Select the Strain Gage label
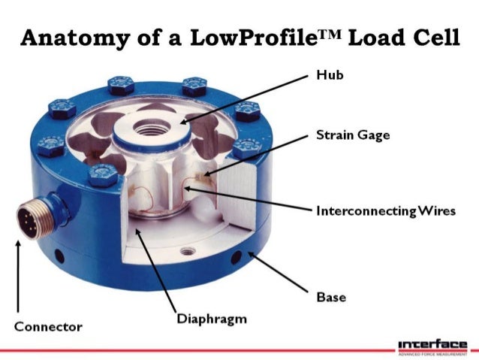347,136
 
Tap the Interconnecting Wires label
386,211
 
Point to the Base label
331,298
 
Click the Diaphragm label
211,319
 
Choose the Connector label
48,327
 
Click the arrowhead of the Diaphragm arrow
135,234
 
